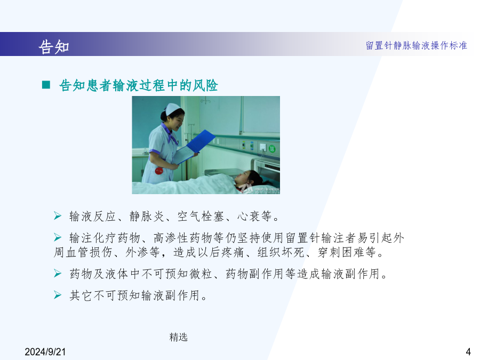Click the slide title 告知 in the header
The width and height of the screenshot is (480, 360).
click(54, 46)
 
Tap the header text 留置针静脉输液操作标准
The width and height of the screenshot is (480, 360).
click(417, 45)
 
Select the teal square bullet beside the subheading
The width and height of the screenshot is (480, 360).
click(46, 85)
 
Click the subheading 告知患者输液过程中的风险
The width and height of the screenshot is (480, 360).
click(138, 85)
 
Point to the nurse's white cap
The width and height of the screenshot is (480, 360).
click(173, 109)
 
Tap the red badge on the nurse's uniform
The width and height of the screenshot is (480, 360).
click(158, 171)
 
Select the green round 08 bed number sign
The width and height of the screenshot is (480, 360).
click(272, 149)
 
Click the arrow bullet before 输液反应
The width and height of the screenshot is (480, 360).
click(58, 215)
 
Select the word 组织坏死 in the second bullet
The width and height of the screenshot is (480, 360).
click(281, 252)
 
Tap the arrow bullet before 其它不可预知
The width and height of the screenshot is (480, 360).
click(58, 294)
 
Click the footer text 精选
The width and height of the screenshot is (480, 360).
click(179, 337)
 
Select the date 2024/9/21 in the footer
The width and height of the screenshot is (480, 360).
click(45, 352)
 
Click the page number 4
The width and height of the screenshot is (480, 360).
click(468, 351)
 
